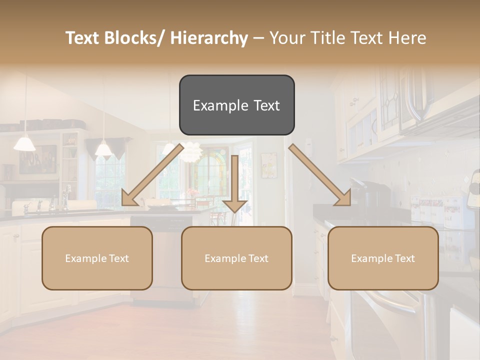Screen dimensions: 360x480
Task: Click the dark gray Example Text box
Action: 236,105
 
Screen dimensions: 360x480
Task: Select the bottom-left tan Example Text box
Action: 97,258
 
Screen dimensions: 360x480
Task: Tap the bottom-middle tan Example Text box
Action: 236,258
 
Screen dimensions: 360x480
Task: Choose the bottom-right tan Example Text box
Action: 383,258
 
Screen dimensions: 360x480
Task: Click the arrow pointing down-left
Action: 152,174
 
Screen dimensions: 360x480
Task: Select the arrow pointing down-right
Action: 320,175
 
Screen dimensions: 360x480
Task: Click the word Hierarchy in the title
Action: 209,38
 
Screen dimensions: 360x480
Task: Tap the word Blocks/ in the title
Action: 132,38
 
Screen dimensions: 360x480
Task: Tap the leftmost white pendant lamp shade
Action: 24,143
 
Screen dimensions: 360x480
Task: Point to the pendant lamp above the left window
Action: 103,149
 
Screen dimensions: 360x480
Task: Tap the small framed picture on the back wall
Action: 269,165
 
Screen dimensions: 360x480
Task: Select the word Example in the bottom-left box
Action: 85,258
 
